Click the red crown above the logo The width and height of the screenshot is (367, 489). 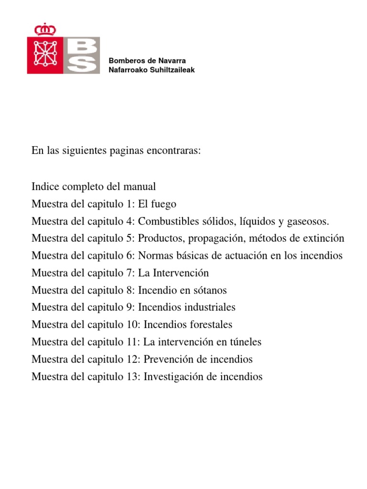coord(45,29)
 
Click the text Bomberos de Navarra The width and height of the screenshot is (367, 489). coord(147,61)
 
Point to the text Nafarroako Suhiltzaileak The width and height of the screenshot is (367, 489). coord(152,70)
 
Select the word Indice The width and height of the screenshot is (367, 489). coord(44,187)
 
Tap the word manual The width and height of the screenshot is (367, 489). coord(141,187)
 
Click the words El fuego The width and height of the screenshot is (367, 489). coord(157,204)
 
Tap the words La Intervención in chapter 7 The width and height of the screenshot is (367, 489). coord(173,273)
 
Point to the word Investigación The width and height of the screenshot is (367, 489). coord(173,377)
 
